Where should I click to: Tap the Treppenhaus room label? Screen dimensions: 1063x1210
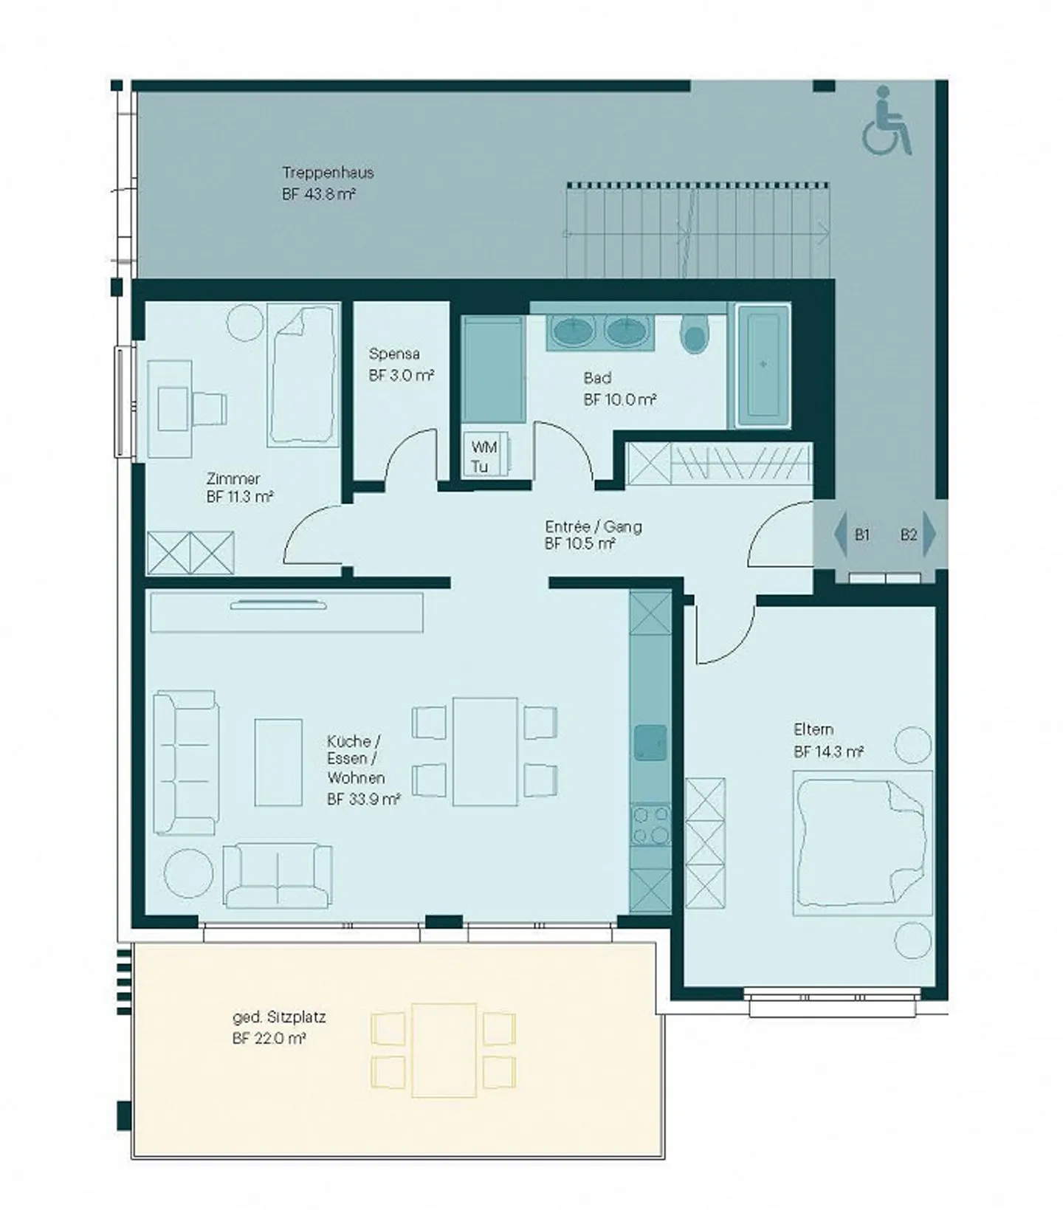point(328,173)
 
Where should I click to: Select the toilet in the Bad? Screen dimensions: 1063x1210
point(695,334)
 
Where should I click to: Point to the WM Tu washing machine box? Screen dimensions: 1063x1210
point(484,456)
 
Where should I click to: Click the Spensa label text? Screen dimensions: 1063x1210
point(394,354)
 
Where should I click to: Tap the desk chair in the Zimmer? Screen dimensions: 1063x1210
point(209,407)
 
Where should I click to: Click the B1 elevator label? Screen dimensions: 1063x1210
point(861,534)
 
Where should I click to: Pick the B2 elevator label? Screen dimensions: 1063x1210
point(908,534)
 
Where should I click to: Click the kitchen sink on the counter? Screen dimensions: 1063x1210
point(650,743)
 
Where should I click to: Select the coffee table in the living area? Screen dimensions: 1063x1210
point(278,763)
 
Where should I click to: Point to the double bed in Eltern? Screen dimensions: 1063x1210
point(861,843)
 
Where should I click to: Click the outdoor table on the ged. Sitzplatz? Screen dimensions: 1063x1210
point(444,1050)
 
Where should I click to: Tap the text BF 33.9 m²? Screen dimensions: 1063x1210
point(364,799)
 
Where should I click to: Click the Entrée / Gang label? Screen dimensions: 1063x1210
point(594,527)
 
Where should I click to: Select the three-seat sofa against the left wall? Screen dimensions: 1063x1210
point(186,763)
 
